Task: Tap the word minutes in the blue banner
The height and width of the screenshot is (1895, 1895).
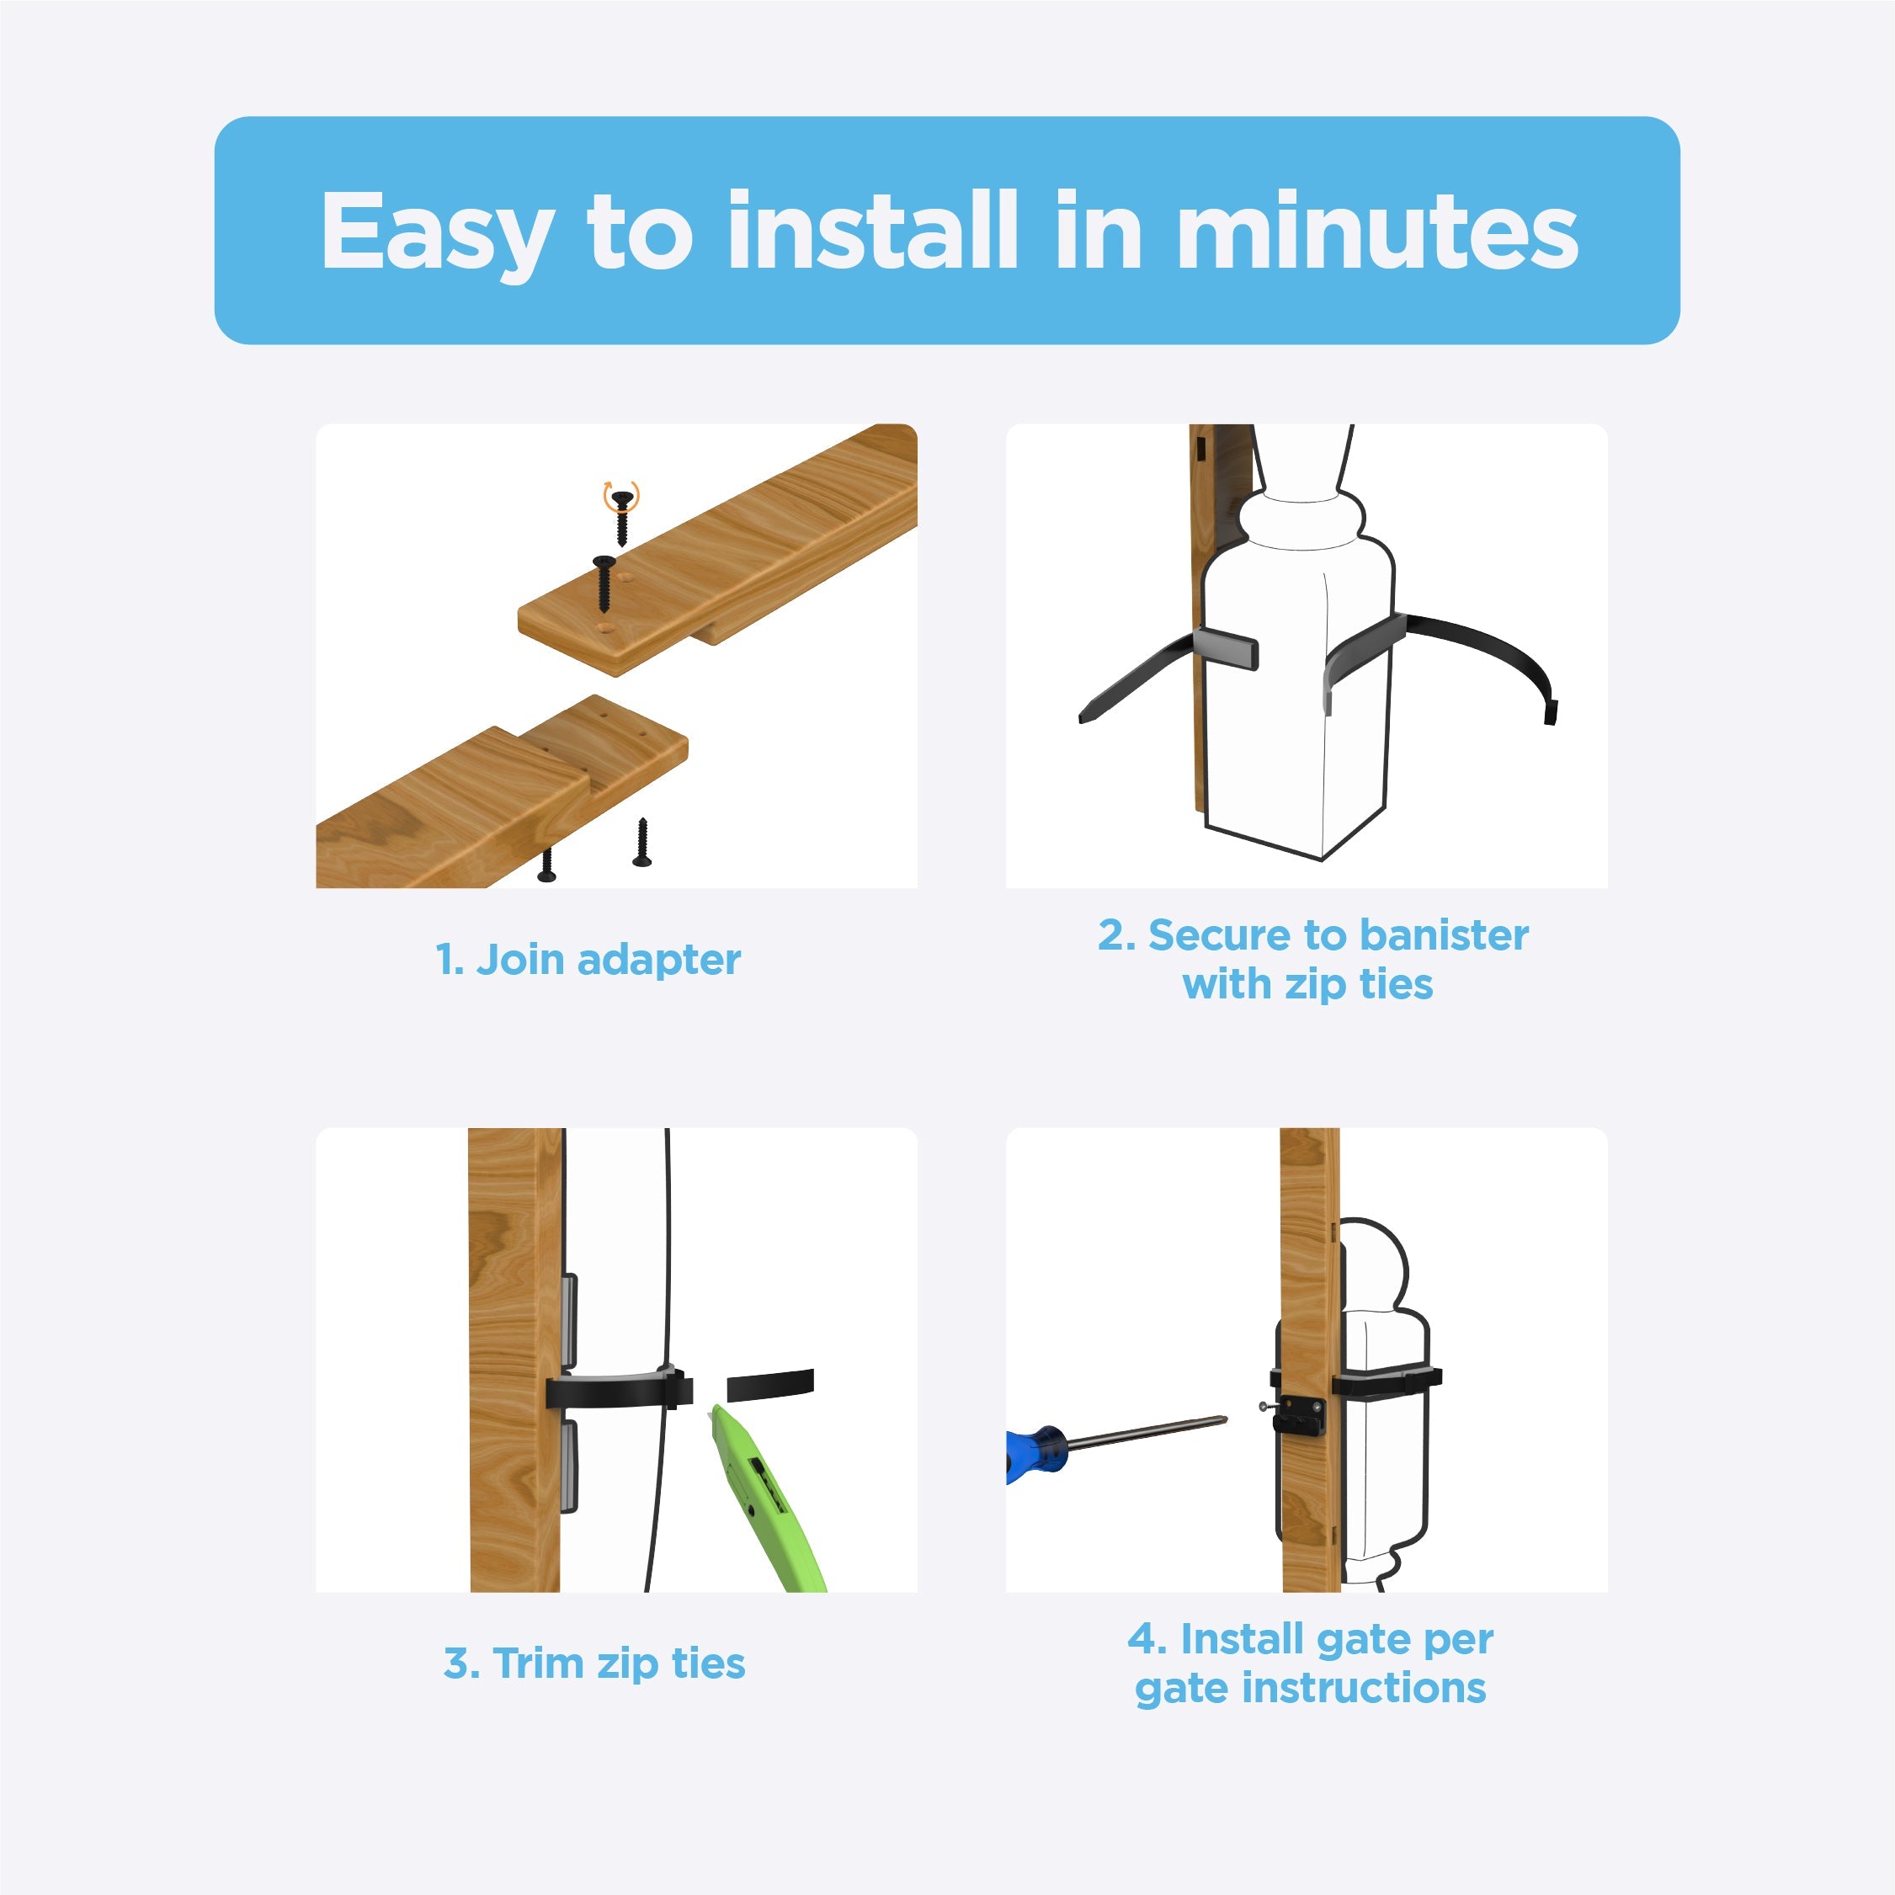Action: pos(1377,232)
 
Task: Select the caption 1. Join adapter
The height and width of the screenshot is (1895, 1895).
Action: pos(588,959)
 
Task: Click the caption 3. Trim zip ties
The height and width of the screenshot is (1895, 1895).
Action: pos(594,1663)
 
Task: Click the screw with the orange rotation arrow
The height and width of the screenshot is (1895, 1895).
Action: pos(621,514)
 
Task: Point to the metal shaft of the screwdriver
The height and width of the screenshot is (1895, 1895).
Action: pos(1147,1433)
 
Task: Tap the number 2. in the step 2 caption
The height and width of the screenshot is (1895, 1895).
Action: pos(1116,934)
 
